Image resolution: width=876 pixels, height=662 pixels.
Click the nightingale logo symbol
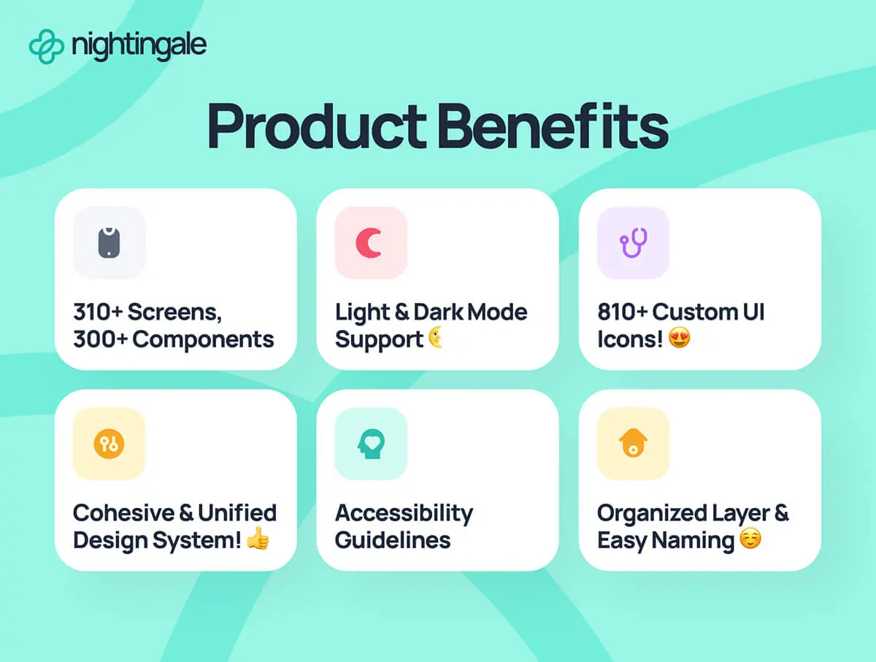tap(46, 46)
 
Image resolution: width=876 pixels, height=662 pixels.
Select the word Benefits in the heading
tap(553, 126)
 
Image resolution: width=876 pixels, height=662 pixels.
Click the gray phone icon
tap(109, 242)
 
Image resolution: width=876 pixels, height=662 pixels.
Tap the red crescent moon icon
tap(369, 242)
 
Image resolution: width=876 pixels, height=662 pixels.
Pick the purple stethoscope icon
tap(634, 242)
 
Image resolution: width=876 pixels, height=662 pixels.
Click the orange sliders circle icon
tap(109, 444)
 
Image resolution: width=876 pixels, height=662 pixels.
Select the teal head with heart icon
tap(371, 444)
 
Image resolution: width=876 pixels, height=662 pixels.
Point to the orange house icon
tap(634, 443)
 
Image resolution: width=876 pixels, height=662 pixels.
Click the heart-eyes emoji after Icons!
tap(679, 338)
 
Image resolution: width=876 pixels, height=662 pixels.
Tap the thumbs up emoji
tap(258, 539)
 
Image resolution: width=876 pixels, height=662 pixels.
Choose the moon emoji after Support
tap(436, 337)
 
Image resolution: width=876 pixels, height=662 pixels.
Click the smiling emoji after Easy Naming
tap(750, 539)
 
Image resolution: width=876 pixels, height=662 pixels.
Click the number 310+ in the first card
tap(98, 312)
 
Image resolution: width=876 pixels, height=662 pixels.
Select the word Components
tap(203, 339)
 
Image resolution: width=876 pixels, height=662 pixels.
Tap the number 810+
tap(623, 312)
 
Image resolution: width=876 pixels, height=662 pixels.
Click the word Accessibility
tap(404, 514)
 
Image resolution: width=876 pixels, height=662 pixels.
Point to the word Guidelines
tap(393, 540)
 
